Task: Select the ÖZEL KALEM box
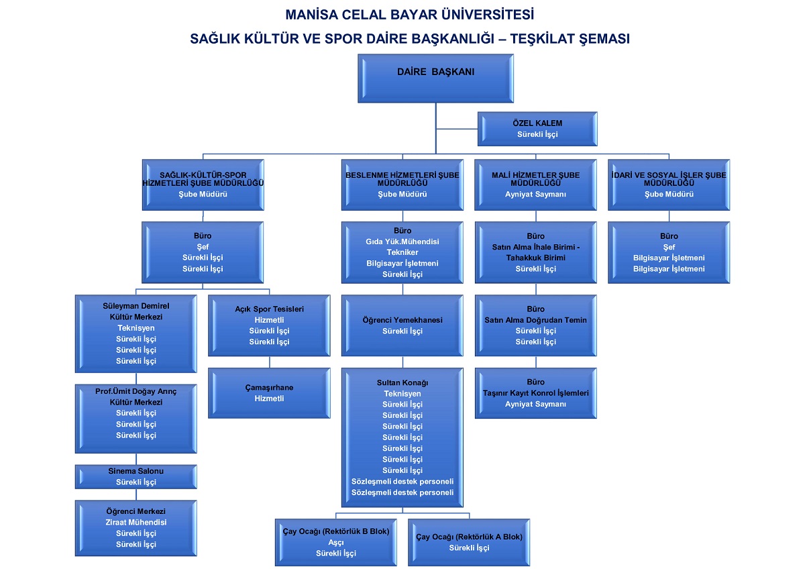pyautogui.click(x=537, y=129)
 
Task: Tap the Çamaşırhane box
pyautogui.click(x=269, y=393)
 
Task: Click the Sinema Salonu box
pyautogui.click(x=136, y=476)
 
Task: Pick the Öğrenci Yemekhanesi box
pyautogui.click(x=402, y=325)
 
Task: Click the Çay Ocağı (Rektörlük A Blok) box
pyautogui.click(x=469, y=542)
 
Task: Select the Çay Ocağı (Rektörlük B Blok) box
pyautogui.click(x=335, y=542)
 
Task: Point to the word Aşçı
pyautogui.click(x=335, y=542)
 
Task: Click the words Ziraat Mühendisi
pyautogui.click(x=136, y=522)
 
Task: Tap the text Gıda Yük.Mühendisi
pyautogui.click(x=402, y=242)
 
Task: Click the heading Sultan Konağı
pyautogui.click(x=402, y=382)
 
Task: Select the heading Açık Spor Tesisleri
pyautogui.click(x=269, y=309)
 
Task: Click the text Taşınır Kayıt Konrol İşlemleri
pyautogui.click(x=535, y=393)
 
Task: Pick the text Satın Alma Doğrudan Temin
pyautogui.click(x=535, y=320)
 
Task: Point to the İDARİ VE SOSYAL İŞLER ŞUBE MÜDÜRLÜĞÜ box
pyautogui.click(x=668, y=185)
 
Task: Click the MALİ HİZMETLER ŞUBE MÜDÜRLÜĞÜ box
pyautogui.click(x=535, y=185)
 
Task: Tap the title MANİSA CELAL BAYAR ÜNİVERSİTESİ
pyautogui.click(x=410, y=14)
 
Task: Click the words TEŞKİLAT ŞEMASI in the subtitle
pyautogui.click(x=570, y=39)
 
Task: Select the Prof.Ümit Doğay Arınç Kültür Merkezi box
pyautogui.click(x=136, y=418)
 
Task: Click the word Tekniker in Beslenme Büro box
pyautogui.click(x=402, y=252)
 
